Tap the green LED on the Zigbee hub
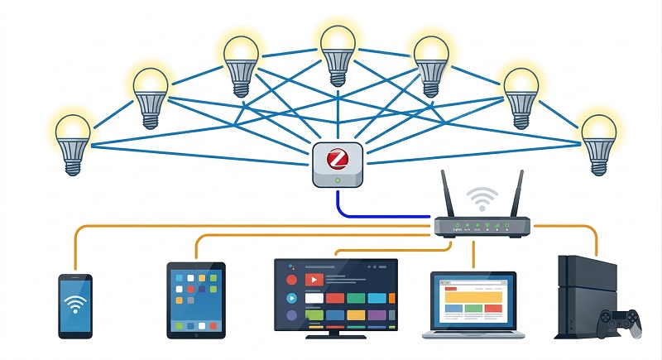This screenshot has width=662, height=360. pyautogui.click(x=338, y=180)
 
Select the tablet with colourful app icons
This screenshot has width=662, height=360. pyautogui.click(x=196, y=300)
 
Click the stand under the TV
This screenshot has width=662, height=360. pyautogui.click(x=335, y=333)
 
